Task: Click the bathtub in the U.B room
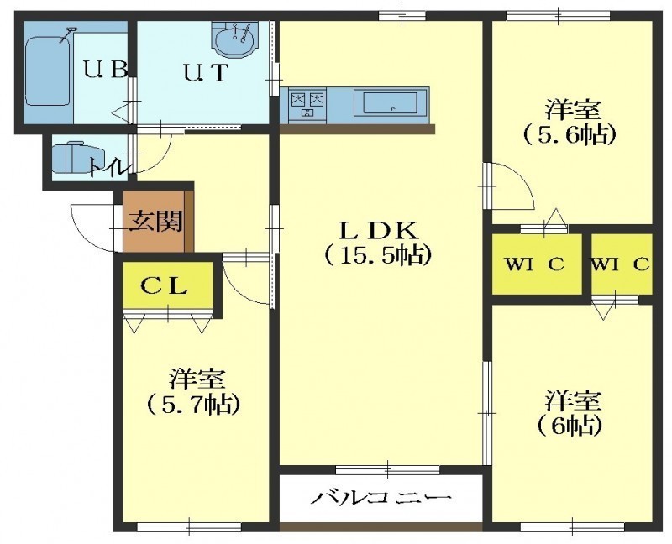48,71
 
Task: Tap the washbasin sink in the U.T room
235,40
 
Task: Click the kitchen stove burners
307,103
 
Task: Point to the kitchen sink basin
390,103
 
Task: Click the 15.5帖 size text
376,255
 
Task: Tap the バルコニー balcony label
381,498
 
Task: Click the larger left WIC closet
536,264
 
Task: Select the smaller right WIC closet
622,264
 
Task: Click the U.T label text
206,72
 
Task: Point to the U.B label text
106,70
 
